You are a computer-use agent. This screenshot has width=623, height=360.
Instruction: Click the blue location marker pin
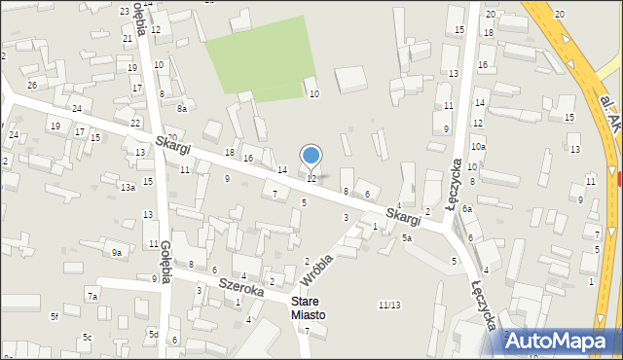point(311,157)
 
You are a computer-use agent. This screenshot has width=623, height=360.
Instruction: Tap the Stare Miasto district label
point(306,308)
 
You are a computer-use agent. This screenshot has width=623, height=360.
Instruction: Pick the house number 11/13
point(389,305)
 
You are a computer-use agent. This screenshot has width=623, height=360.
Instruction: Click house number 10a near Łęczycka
point(478,146)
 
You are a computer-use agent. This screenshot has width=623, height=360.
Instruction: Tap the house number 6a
point(467,209)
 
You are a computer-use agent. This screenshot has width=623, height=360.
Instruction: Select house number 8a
point(181,109)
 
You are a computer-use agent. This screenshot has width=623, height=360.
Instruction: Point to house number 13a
point(128,187)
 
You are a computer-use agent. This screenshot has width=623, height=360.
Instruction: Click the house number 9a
point(116,253)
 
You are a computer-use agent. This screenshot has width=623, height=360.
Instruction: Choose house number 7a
point(92,296)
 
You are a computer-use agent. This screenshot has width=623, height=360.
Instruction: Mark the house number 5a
point(408,237)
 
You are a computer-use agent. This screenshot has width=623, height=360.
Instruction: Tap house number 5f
point(55,316)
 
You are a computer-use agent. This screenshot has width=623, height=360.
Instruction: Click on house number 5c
point(87,338)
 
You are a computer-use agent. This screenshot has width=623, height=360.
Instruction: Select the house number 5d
point(154,334)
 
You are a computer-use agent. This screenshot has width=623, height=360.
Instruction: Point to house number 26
point(32,86)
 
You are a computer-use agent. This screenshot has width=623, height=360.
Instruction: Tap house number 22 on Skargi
point(135,123)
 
